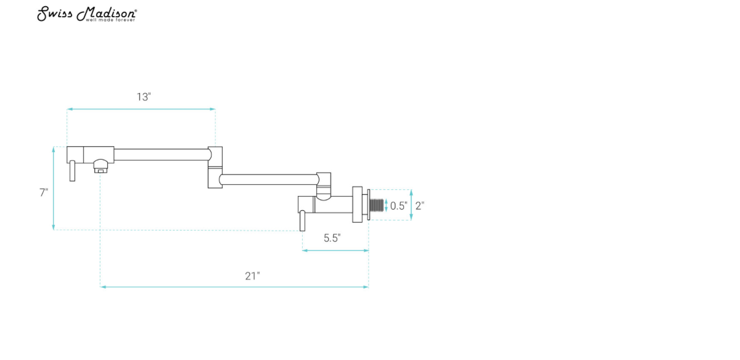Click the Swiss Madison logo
(87, 14)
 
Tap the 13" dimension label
(144, 97)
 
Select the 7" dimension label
(44, 192)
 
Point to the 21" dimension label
(252, 276)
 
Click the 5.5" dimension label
(332, 238)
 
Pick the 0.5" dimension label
(399, 206)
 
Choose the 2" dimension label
(419, 206)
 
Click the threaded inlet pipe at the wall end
(377, 205)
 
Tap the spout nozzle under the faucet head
(100, 166)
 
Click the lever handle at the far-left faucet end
(72, 171)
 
